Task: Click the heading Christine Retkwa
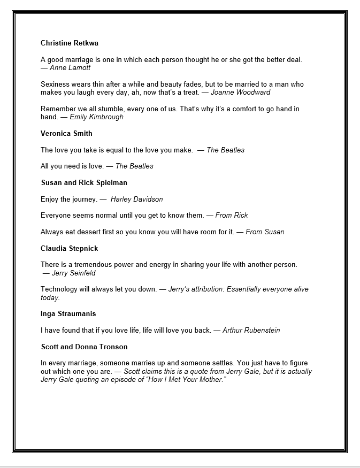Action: pyautogui.click(x=70, y=43)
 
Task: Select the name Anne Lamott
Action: pyautogui.click(x=70, y=68)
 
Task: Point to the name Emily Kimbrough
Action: pyautogui.click(x=96, y=117)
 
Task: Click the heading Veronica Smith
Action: pyautogui.click(x=66, y=133)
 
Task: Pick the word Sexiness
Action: pyautogui.click(x=55, y=85)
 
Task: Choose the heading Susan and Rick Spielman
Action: pyautogui.click(x=84, y=183)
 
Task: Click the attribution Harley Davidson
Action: pyautogui.click(x=136, y=200)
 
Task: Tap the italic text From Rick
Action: pyautogui.click(x=232, y=216)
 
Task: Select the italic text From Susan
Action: pyautogui.click(x=265, y=232)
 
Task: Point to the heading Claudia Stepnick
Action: pyautogui.click(x=70, y=249)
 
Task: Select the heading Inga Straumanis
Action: pyautogui.click(x=68, y=314)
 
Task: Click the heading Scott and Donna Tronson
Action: pyautogui.click(x=84, y=347)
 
